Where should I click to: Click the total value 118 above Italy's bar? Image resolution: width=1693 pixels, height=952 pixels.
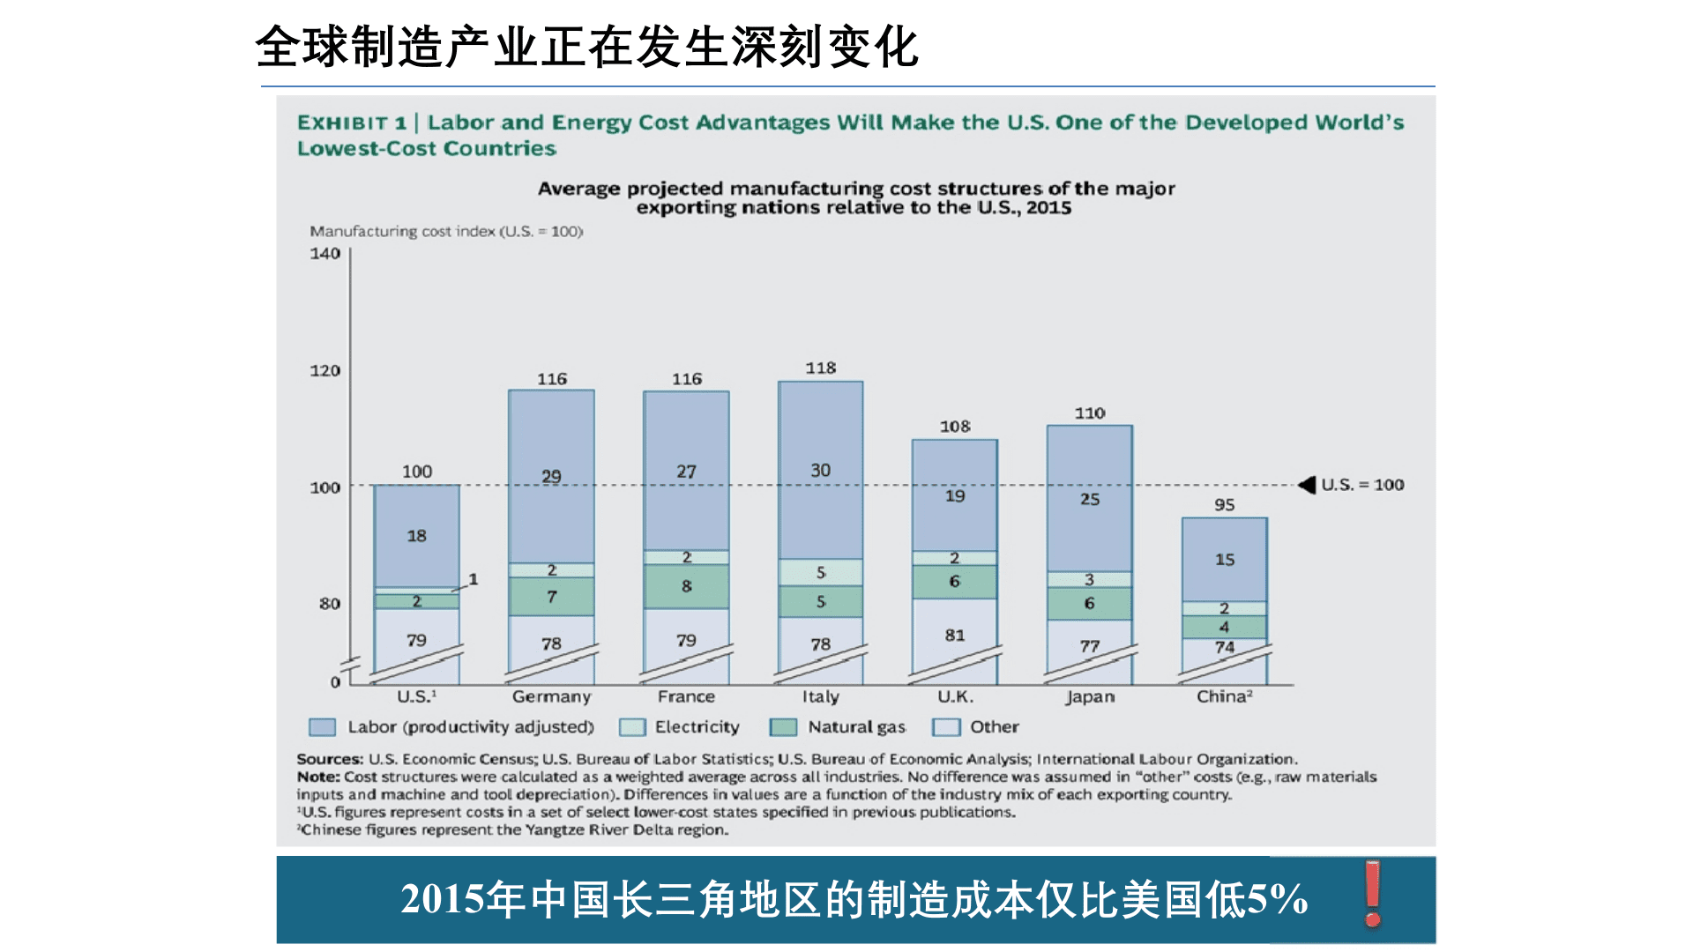pyautogui.click(x=820, y=368)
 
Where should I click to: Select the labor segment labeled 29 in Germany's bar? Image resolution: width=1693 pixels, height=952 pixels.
pyautogui.click(x=551, y=476)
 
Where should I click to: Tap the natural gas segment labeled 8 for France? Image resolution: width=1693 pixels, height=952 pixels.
pyautogui.click(x=686, y=586)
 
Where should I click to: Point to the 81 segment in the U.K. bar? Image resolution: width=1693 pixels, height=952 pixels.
pyautogui.click(x=955, y=635)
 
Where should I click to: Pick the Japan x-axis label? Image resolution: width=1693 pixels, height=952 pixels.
pyautogui.click(x=1090, y=696)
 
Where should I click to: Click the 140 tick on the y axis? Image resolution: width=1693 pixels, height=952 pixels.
pyautogui.click(x=324, y=254)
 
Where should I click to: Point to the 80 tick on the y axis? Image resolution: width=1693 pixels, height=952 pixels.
pyautogui.click(x=329, y=604)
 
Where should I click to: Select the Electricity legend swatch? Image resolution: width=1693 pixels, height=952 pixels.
pyautogui.click(x=632, y=727)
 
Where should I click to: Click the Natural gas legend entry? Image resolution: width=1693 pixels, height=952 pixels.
pyautogui.click(x=855, y=727)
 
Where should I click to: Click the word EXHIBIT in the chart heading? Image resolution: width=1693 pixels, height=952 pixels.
pyautogui.click(x=342, y=123)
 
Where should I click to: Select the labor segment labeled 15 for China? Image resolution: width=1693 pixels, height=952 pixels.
pyautogui.click(x=1224, y=560)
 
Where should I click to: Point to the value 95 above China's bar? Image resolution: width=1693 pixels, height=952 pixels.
pyautogui.click(x=1224, y=505)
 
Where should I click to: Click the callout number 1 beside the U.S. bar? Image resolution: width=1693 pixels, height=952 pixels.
pyautogui.click(x=474, y=579)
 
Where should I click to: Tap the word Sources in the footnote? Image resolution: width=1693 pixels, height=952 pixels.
pyautogui.click(x=329, y=759)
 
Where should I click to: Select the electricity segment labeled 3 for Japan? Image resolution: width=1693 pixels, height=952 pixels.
pyautogui.click(x=1089, y=579)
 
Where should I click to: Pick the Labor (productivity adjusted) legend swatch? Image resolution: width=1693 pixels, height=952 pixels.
pyautogui.click(x=322, y=727)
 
